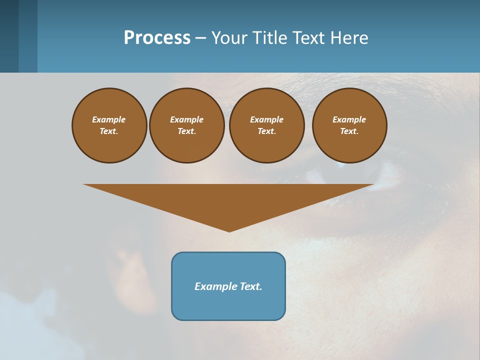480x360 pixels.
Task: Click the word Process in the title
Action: tap(157, 38)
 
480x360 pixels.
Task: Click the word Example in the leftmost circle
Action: tap(109, 119)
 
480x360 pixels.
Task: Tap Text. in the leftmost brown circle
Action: tap(109, 131)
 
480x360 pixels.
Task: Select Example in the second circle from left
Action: tap(186, 119)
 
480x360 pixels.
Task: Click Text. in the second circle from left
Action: tap(186, 131)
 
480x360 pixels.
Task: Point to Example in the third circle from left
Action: tap(266, 119)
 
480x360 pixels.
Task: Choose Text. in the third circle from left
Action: tap(266, 131)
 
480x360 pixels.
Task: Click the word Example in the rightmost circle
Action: tap(349, 119)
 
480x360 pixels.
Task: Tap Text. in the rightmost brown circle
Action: tap(349, 131)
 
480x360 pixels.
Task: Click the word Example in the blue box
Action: tap(215, 286)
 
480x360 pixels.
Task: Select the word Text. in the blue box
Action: tap(250, 286)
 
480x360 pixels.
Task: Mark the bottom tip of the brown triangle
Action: tap(229, 231)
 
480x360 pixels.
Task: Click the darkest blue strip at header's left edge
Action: tap(9, 36)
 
